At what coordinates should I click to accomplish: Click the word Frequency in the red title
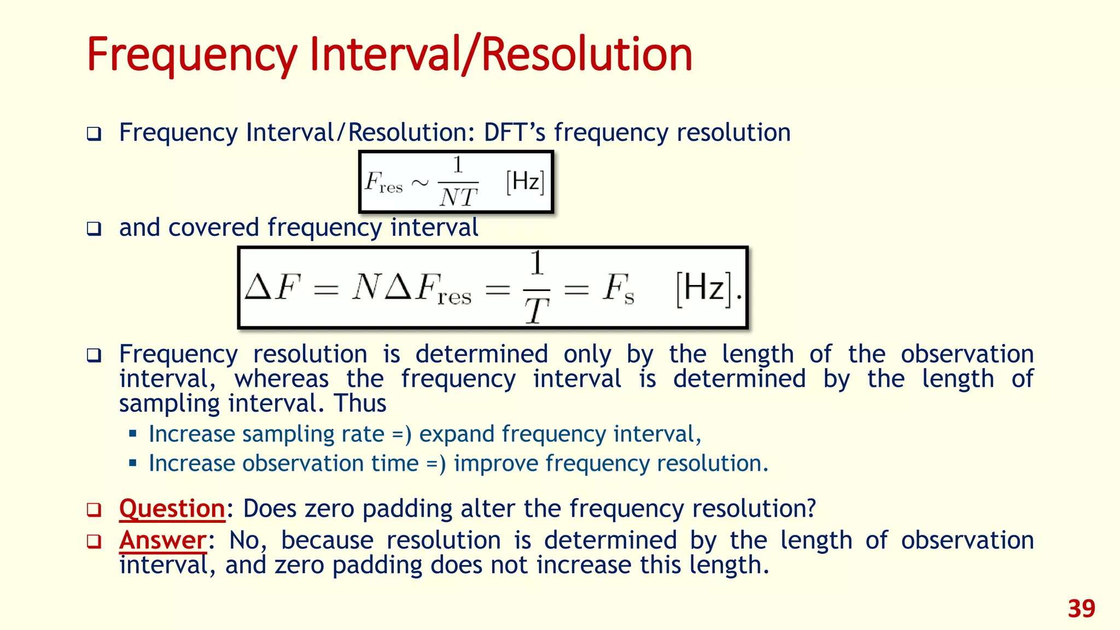[191, 55]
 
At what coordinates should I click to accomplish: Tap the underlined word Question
[172, 509]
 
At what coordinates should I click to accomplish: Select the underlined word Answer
[162, 540]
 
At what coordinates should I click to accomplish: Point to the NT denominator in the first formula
[458, 197]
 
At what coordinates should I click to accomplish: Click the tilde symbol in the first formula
[420, 183]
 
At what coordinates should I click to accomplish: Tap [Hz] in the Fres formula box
[525, 182]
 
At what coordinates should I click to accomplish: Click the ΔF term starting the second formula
[273, 287]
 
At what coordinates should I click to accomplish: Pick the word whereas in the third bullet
[282, 379]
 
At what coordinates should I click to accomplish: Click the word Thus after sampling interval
[360, 404]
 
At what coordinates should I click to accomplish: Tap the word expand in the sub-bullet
[457, 434]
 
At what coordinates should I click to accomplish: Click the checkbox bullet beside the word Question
[94, 510]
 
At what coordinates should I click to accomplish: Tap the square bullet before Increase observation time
[132, 463]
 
